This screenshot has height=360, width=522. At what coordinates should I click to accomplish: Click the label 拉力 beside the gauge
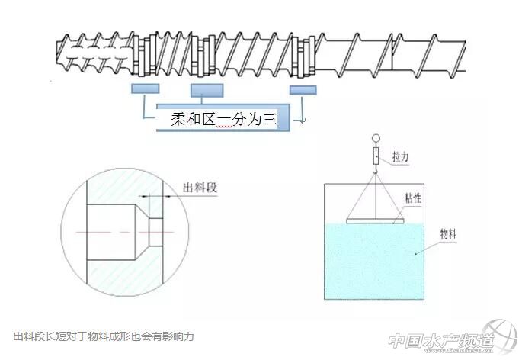pyautogui.click(x=401, y=156)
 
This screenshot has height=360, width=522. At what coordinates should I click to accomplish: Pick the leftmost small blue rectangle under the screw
pyautogui.click(x=145, y=88)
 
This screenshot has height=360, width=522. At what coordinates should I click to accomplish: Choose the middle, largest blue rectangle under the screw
pyautogui.click(x=207, y=91)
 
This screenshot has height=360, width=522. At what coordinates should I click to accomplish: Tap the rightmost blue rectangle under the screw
pyautogui.click(x=303, y=89)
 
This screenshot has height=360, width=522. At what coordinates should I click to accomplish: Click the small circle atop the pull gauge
pyautogui.click(x=374, y=139)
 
